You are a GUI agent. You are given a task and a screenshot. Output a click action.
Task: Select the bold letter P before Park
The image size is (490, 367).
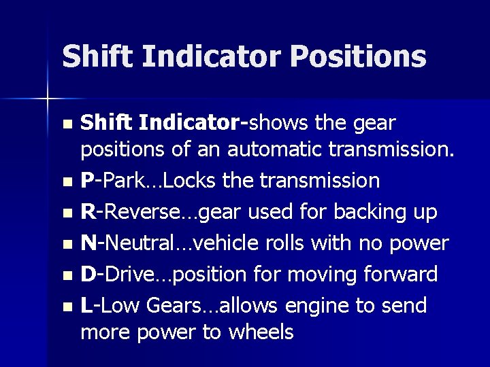coord(86,181)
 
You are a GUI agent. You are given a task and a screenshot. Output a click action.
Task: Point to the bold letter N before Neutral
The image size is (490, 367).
coord(88,243)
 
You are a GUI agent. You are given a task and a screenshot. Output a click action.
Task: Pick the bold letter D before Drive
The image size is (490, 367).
coord(88,274)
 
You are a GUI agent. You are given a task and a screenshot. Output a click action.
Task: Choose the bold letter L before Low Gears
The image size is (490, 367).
coord(86,305)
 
